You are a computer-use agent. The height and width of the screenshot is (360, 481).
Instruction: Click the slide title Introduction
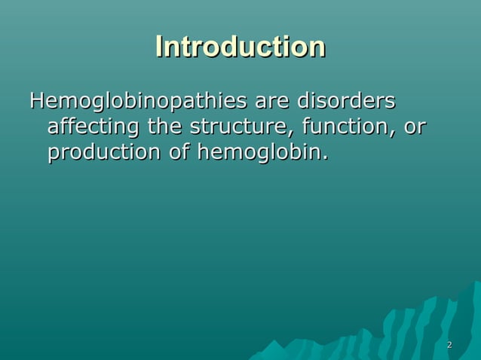[240, 47]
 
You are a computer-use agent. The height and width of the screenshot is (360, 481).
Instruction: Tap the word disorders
[346, 101]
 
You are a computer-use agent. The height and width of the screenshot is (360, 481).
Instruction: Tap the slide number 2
[449, 345]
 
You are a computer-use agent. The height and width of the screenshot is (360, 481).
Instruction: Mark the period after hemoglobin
[326, 159]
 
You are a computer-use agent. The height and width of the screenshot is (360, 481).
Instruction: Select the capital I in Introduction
[159, 47]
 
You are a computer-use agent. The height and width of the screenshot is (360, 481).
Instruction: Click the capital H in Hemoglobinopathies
[37, 101]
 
